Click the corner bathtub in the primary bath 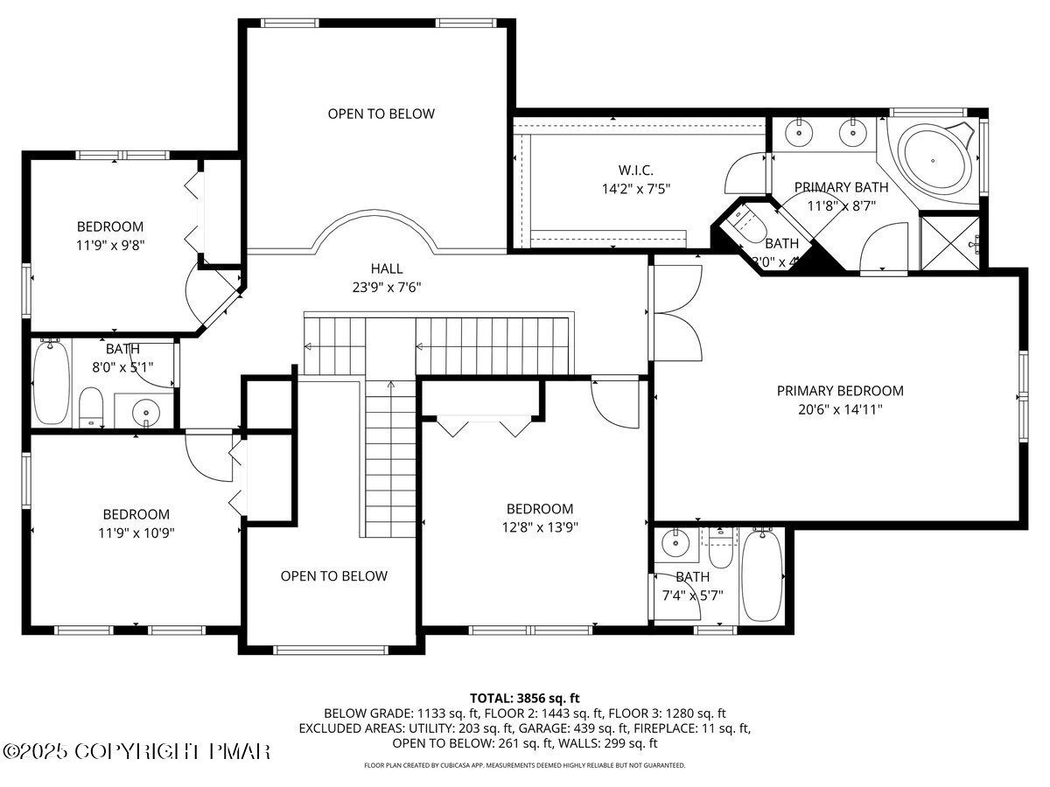pos(933,161)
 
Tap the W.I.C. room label pos(635,170)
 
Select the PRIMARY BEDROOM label pos(840,391)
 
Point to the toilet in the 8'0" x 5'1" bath pos(91,407)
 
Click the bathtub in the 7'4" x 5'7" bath pos(763,575)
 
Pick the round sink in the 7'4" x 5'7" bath pos(675,544)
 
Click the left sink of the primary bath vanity pos(800,134)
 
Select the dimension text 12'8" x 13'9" pos(540,526)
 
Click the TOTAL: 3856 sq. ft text pos(525,698)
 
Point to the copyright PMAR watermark pos(137,751)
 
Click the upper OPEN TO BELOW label pos(381,114)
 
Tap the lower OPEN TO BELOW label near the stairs pos(333,575)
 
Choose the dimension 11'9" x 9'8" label pos(109,245)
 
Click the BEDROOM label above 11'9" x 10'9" pos(136,514)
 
